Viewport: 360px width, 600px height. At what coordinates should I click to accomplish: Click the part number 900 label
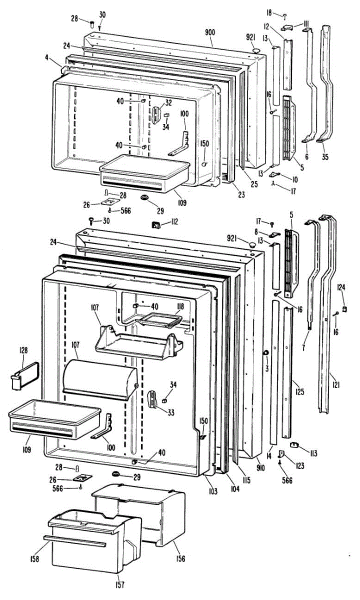click(x=210, y=32)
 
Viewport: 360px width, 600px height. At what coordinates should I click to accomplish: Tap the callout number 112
click(x=173, y=221)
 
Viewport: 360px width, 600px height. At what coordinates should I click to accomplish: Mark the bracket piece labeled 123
click(x=281, y=453)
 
